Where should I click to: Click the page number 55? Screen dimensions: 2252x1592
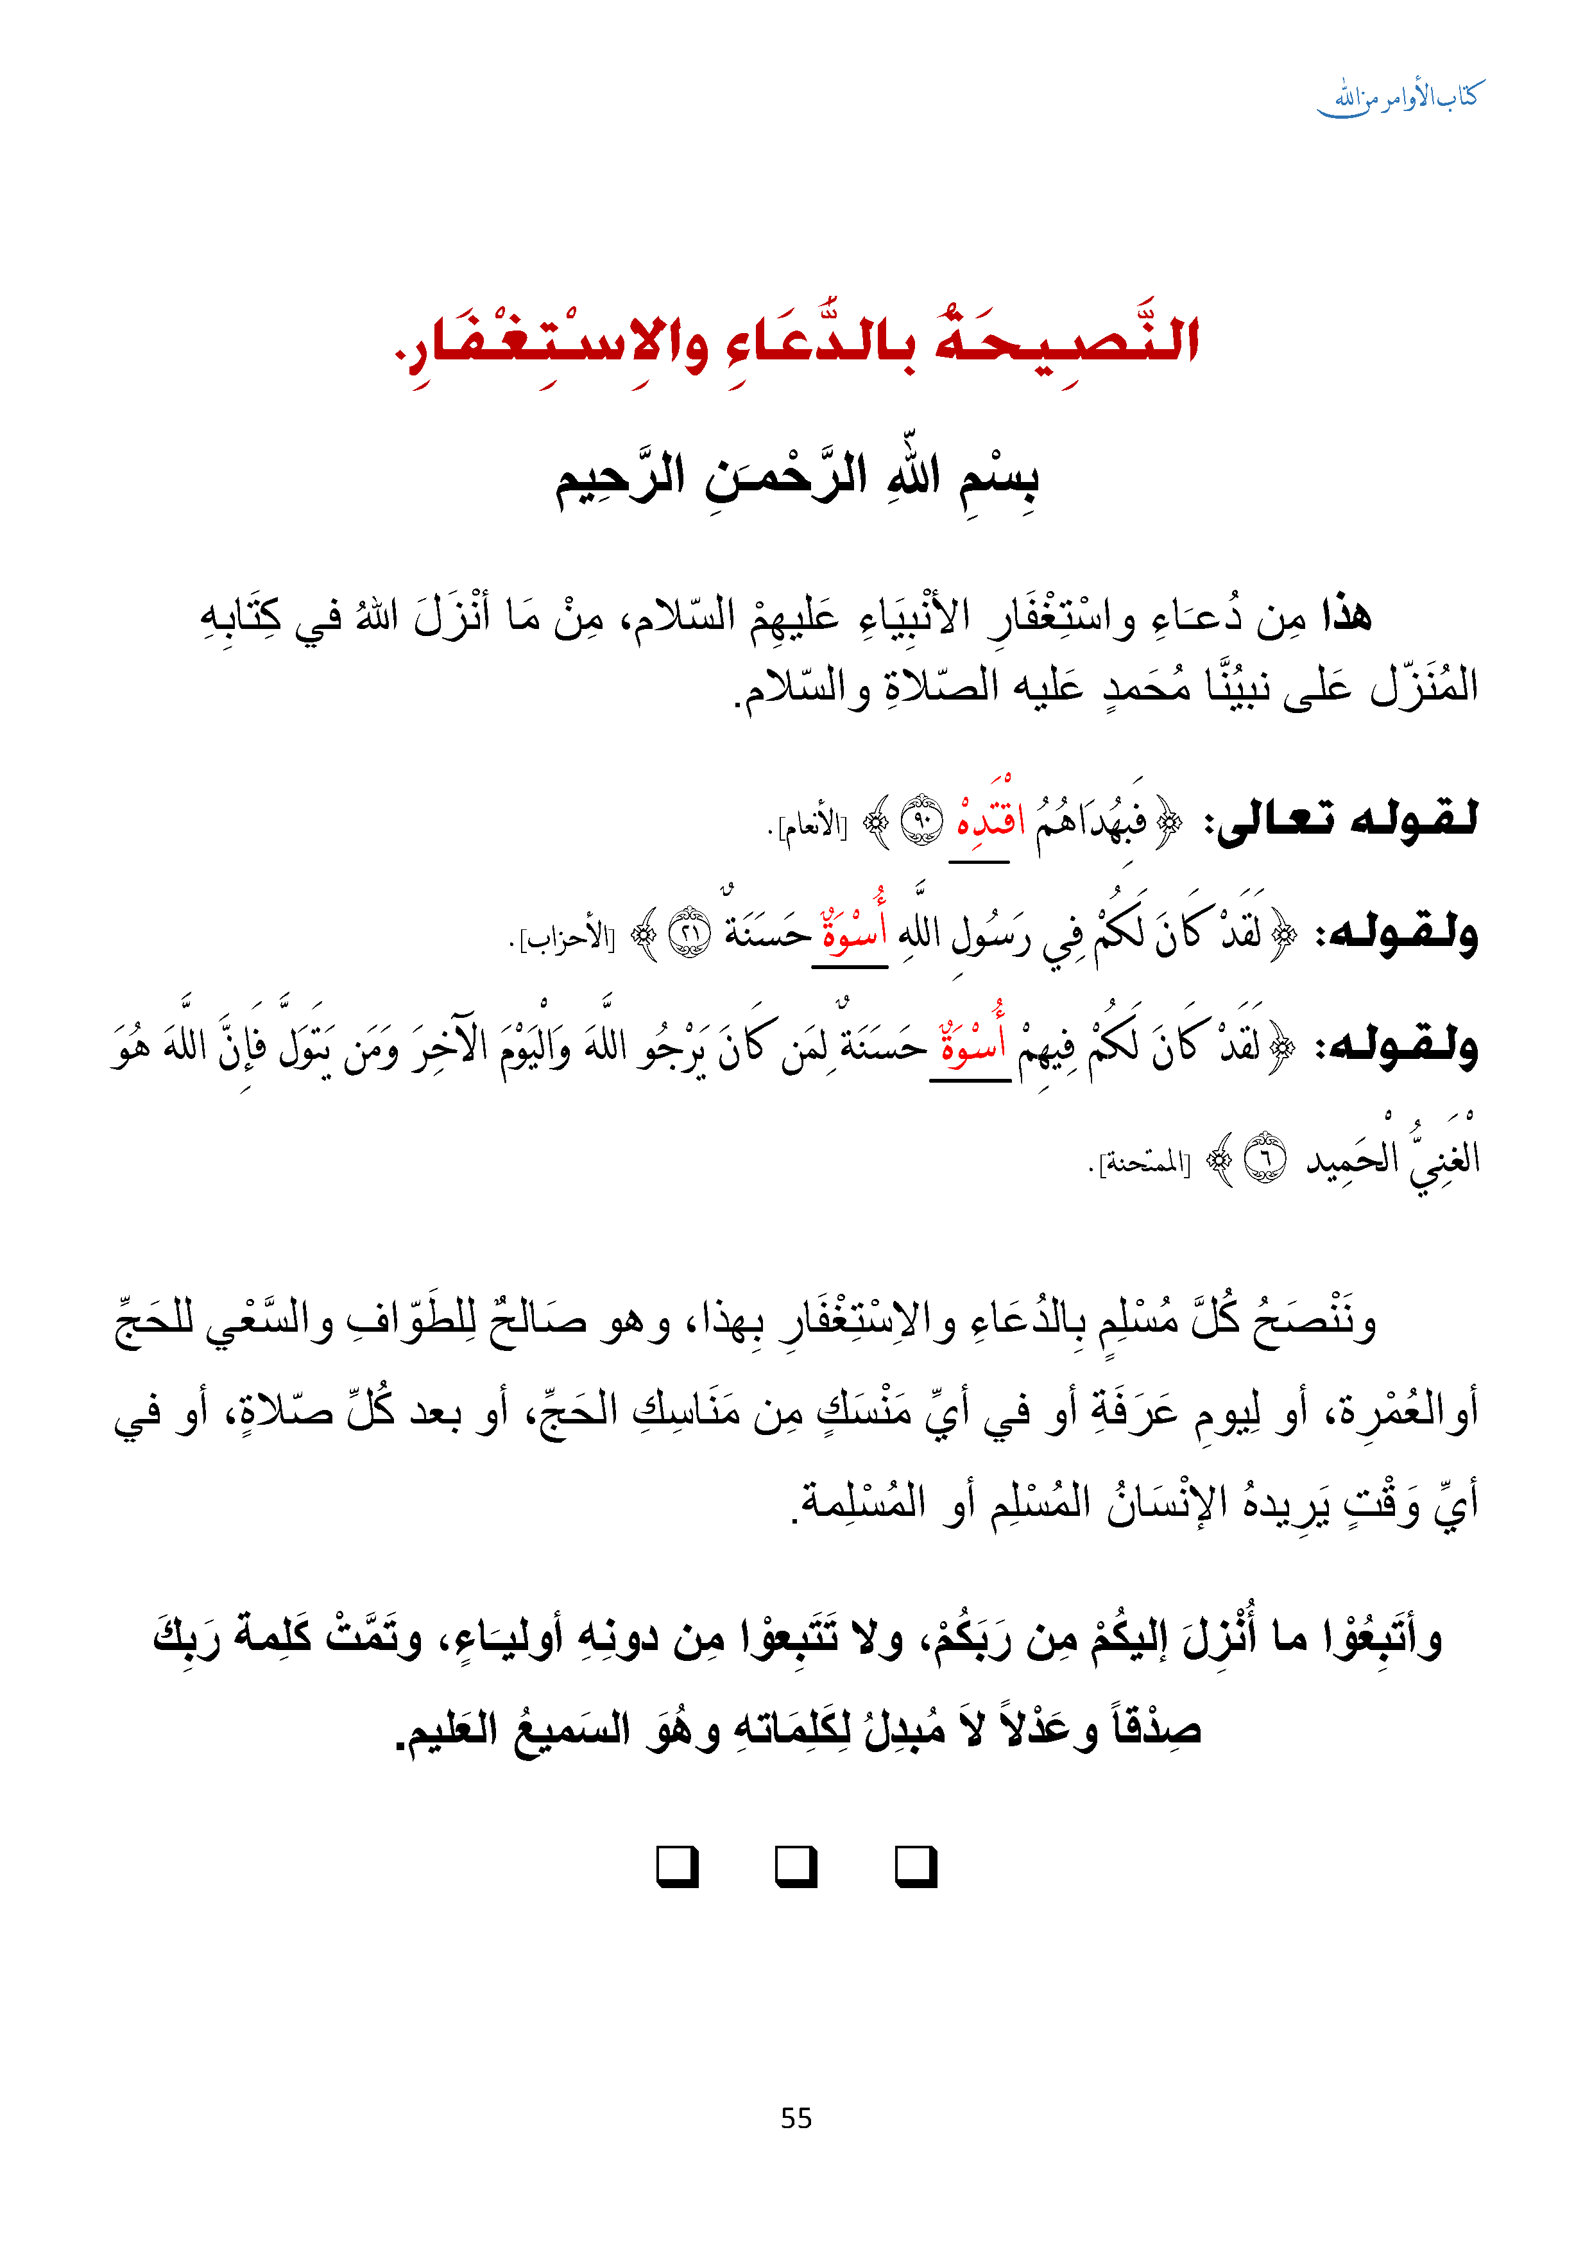click(x=796, y=2118)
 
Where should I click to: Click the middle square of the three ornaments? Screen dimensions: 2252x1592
click(x=796, y=1866)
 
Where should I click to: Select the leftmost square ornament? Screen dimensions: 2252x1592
click(x=677, y=1866)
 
